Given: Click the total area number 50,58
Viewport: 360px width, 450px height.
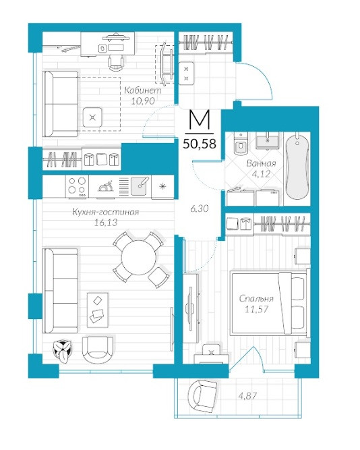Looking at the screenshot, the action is pos(200,144).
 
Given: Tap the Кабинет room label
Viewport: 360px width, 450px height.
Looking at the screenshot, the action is pos(142,90).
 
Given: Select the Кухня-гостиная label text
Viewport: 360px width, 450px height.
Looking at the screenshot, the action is pos(106,212).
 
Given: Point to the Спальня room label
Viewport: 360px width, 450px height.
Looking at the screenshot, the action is pos(256,299).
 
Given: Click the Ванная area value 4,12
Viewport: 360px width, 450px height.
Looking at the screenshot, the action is pos(262,173).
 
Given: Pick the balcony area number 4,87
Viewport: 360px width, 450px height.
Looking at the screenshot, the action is pos(248,396).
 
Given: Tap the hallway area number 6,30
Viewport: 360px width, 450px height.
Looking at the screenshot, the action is pos(200,208).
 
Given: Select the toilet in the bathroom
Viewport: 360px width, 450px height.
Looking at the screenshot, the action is pos(239,144).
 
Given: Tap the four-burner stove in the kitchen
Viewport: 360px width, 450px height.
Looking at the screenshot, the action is pos(78,186).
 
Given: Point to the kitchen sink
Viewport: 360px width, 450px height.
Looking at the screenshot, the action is pos(140,186).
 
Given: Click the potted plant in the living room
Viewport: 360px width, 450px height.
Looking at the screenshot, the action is pos(63,349).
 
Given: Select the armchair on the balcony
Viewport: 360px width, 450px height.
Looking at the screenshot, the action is pos(202,396).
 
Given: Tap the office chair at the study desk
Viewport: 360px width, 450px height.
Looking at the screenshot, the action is pos(116,63).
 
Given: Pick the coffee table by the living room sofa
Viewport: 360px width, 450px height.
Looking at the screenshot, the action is pos(98,310).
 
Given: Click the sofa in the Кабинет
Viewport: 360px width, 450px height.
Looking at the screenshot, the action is pos(61,104).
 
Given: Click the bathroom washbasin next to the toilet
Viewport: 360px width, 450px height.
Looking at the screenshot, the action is pos(267,141).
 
